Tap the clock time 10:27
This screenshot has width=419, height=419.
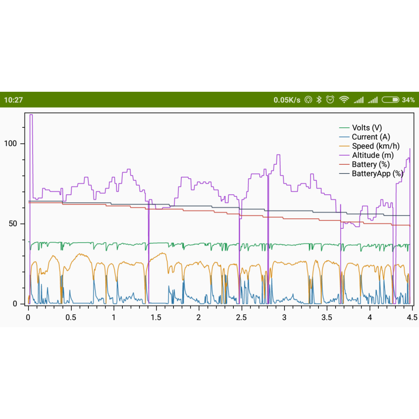[x=13, y=100]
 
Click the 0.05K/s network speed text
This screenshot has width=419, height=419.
[x=287, y=100]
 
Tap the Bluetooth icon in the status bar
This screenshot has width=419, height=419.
[x=318, y=100]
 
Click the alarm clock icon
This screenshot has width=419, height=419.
[x=330, y=100]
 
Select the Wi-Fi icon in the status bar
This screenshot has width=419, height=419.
[x=344, y=100]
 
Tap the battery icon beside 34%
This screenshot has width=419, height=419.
[x=390, y=100]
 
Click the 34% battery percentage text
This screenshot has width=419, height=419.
[x=408, y=100]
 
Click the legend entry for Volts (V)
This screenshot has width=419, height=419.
[x=367, y=128]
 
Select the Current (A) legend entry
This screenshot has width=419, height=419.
[x=370, y=137]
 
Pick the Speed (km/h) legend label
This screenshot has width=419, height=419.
[x=375, y=146]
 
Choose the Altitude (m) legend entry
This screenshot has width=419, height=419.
[x=372, y=155]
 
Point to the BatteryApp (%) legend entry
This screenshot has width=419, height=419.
[x=377, y=173]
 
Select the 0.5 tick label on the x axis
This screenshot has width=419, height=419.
[x=71, y=317]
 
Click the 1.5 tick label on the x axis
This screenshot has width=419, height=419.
[x=156, y=317]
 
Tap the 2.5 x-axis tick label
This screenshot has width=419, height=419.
[x=241, y=317]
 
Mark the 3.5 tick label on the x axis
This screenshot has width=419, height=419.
[x=327, y=317]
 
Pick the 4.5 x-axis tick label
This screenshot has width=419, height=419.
[x=412, y=317]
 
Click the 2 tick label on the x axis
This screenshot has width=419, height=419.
[x=199, y=317]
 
